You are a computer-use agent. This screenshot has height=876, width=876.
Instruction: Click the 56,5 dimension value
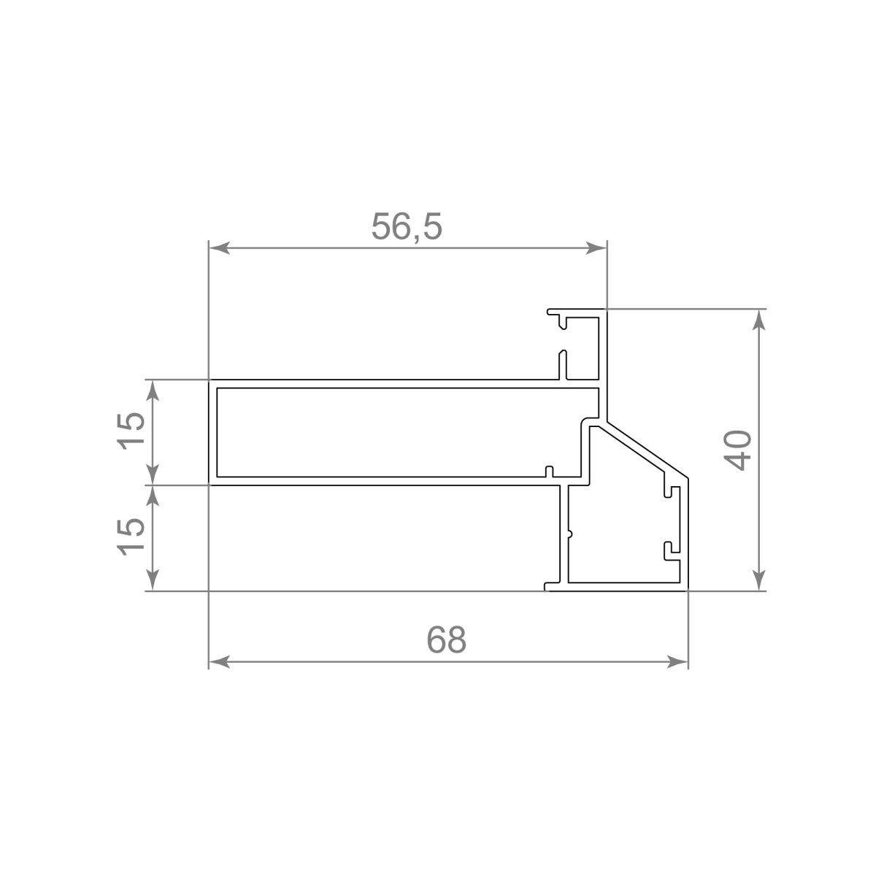[407, 226]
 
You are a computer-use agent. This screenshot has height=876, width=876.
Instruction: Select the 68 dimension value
[447, 639]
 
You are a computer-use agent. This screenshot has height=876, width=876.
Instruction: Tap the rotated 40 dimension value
[737, 450]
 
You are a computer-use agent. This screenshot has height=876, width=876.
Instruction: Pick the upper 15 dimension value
[131, 431]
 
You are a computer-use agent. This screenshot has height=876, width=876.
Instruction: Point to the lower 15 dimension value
[131, 537]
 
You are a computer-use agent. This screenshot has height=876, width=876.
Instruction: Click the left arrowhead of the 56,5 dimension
[219, 248]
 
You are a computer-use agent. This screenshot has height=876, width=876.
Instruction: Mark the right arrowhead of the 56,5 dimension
[596, 248]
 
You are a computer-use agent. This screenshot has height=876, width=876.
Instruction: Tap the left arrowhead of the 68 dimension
[219, 662]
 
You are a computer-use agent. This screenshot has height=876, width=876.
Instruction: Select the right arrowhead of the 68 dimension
[677, 662]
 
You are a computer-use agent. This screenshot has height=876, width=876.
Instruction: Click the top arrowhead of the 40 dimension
[758, 319]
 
